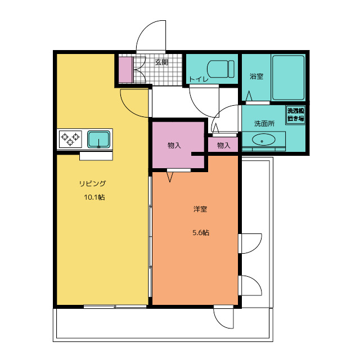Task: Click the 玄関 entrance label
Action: tap(161, 62)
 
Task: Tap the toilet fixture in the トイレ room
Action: tap(220, 69)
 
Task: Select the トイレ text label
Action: tap(199, 79)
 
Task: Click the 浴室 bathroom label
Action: tap(256, 76)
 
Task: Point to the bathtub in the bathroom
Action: tap(288, 78)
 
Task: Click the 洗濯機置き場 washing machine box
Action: tap(296, 115)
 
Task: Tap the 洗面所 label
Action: tap(264, 124)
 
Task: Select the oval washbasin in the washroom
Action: tap(264, 140)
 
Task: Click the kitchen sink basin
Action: tap(99, 139)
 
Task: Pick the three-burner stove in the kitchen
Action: tap(70, 139)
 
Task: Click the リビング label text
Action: tap(92, 183)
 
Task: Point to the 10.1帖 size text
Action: tap(94, 197)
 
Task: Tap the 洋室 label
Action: tap(200, 209)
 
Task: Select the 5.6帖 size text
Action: tap(201, 233)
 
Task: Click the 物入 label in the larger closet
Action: tap(174, 145)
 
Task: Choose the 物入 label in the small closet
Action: tap(224, 145)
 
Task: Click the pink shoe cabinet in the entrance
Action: tap(126, 70)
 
